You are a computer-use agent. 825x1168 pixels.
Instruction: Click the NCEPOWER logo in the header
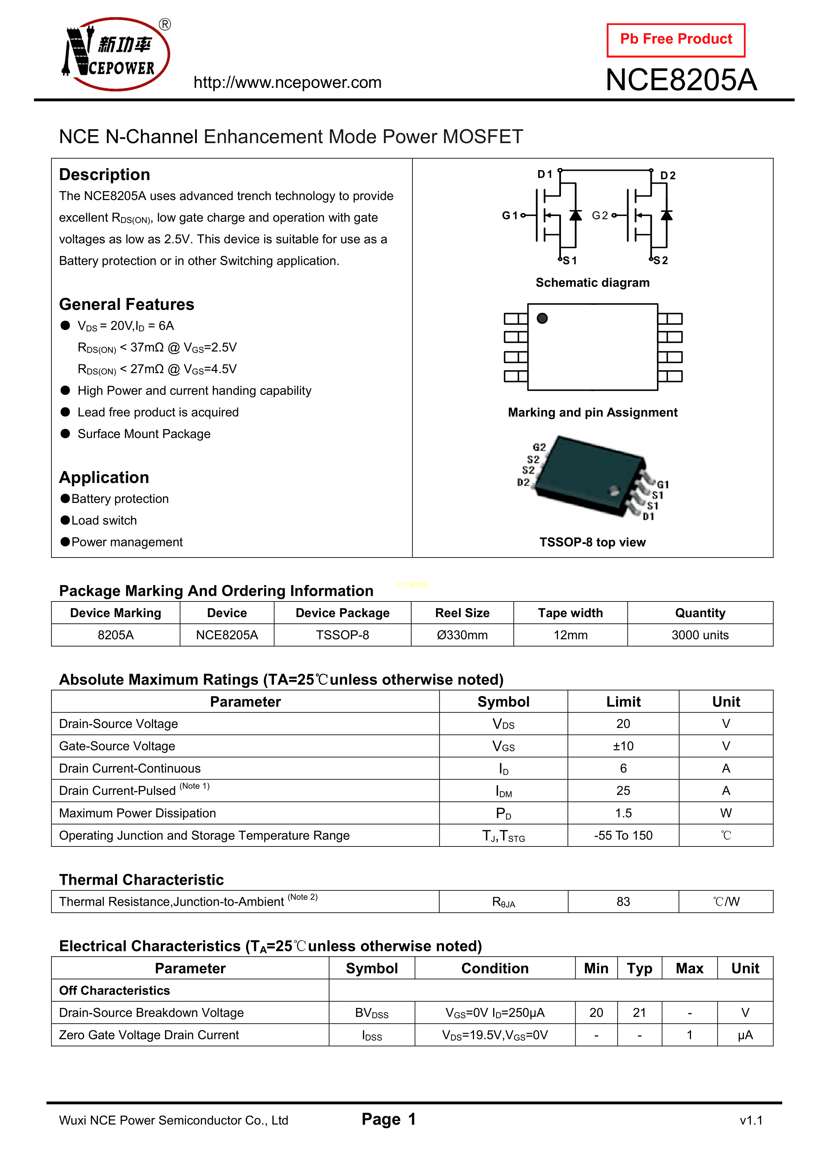[x=116, y=55]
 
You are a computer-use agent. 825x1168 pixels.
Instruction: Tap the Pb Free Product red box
[x=676, y=40]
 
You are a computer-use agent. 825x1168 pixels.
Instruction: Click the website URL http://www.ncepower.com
[x=287, y=83]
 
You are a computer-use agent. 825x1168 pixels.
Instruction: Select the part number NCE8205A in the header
[x=681, y=80]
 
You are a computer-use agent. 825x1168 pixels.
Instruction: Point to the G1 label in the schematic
[x=509, y=216]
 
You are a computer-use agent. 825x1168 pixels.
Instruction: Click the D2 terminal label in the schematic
[x=667, y=175]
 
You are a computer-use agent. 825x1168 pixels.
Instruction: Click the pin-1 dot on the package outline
[x=542, y=319]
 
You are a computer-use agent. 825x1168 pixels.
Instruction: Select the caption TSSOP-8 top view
[x=592, y=542]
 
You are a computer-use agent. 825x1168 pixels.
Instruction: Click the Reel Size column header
[x=462, y=613]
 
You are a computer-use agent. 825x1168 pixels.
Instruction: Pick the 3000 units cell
[x=700, y=635]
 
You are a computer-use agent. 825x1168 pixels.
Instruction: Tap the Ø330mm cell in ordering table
[x=462, y=635]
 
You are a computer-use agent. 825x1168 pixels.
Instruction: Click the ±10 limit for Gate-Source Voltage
[x=623, y=746]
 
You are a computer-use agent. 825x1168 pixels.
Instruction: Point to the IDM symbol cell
[x=503, y=791]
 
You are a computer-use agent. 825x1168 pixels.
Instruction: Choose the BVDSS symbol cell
[x=371, y=1013]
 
